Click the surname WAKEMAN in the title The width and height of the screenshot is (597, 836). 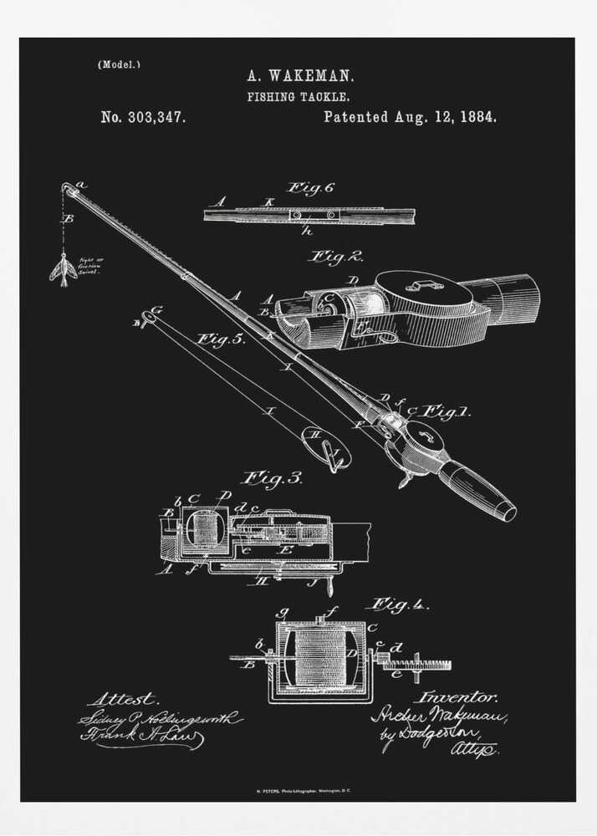pos(310,75)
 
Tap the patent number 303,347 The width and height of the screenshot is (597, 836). pos(156,118)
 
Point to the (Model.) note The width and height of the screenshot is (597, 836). pos(119,64)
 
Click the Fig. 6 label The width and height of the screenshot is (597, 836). pos(310,188)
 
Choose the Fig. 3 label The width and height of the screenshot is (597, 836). pos(272,479)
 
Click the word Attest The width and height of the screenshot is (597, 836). pos(122,698)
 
